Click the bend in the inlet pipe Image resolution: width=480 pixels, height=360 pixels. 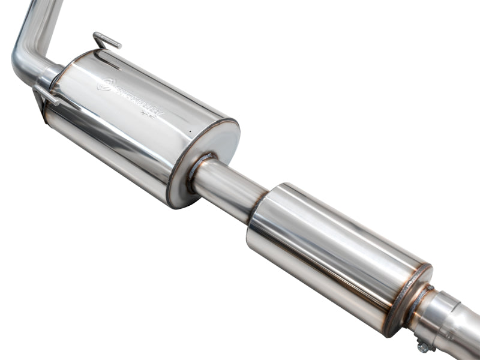(x=24, y=60)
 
